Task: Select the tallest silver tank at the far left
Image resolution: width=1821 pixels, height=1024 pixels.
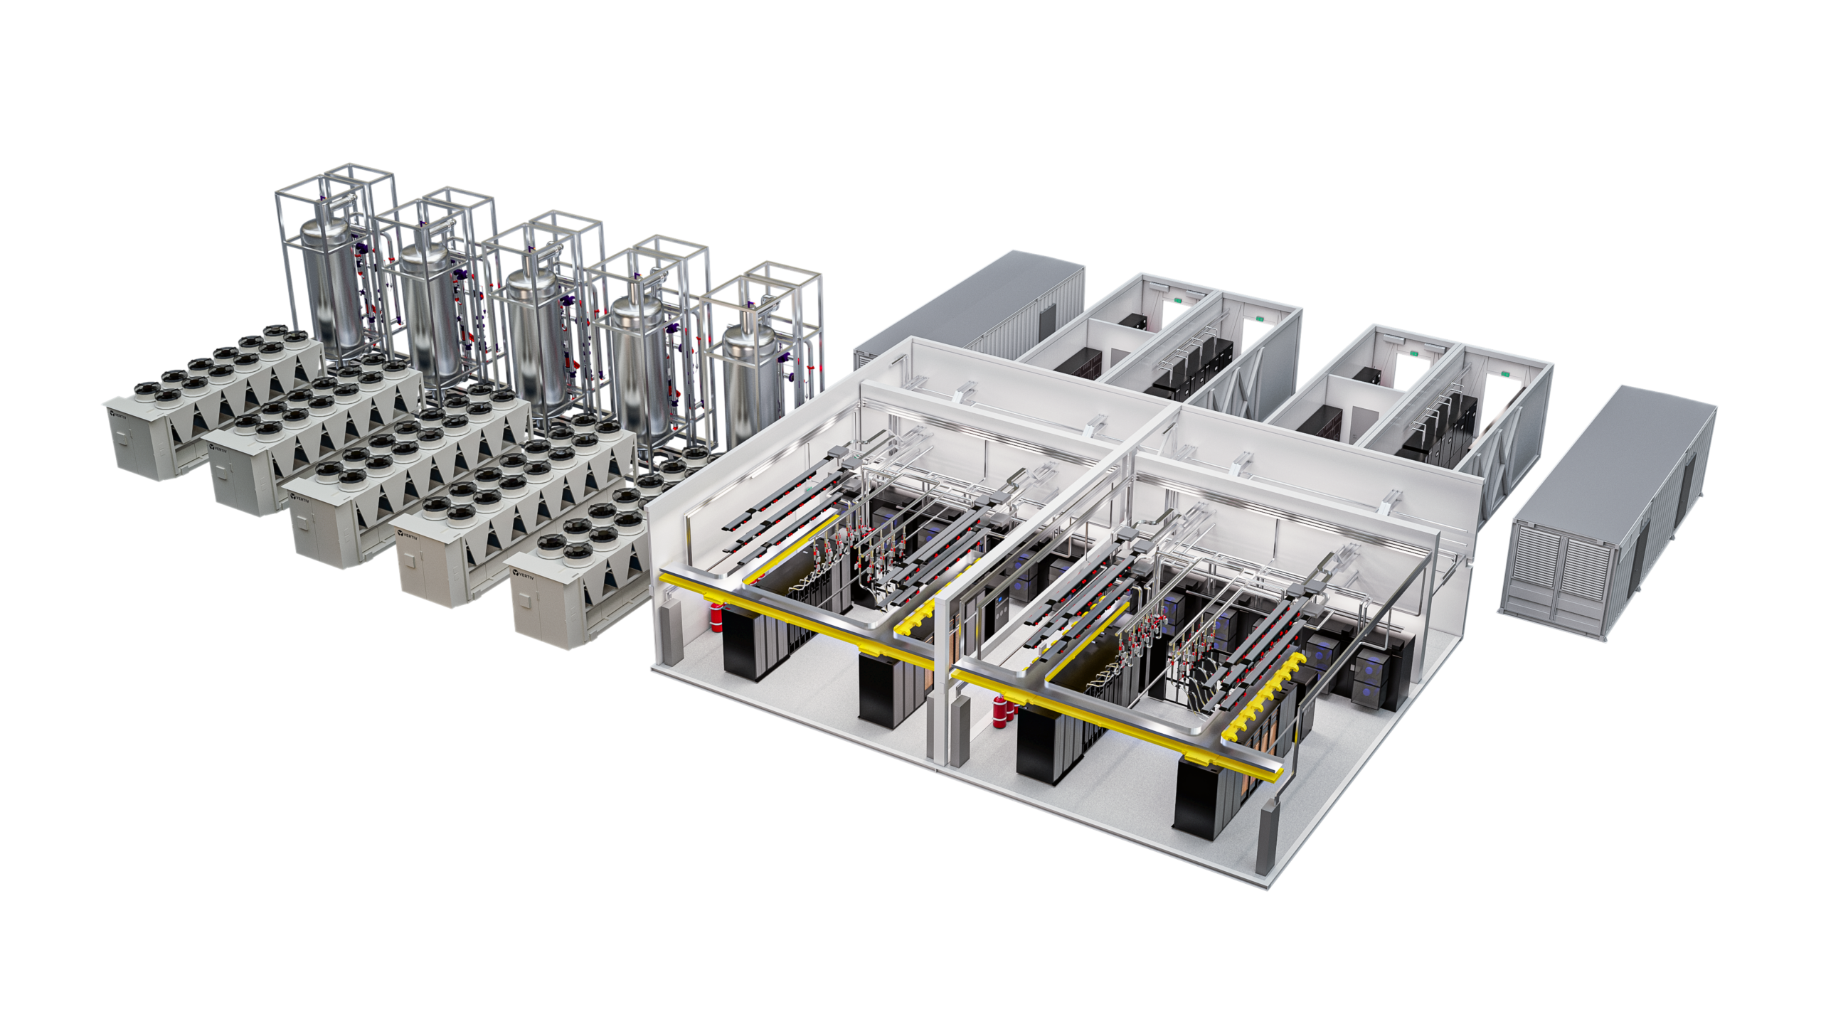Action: click(x=329, y=284)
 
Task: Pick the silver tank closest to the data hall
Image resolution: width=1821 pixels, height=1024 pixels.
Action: click(x=748, y=377)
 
